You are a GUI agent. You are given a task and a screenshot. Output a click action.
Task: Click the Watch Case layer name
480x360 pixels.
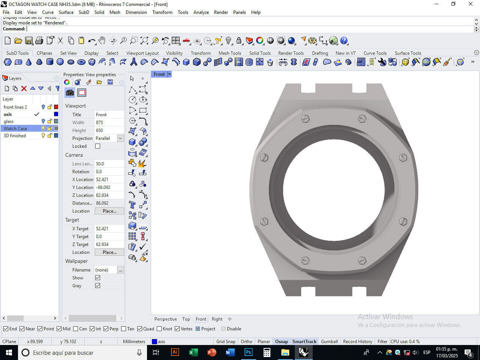[x=15, y=129]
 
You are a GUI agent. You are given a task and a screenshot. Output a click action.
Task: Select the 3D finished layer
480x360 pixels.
[x=15, y=136]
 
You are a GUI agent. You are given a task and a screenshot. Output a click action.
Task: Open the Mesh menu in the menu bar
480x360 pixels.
[x=115, y=12]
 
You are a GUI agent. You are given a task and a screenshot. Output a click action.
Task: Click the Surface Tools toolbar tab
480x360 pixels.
[x=408, y=53]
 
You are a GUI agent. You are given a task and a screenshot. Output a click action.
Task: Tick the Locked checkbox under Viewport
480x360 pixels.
[x=98, y=146]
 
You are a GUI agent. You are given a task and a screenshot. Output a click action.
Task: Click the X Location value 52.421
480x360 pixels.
[x=109, y=180]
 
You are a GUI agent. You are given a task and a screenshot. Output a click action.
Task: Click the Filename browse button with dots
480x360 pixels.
[x=120, y=270]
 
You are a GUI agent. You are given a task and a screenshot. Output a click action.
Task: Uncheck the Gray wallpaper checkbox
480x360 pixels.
[x=98, y=286]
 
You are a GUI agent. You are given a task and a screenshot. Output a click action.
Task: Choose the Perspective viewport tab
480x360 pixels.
[x=165, y=319]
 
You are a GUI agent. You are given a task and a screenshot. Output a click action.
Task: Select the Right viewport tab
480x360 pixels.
[x=217, y=319]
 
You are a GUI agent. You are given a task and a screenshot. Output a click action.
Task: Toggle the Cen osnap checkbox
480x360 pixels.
[x=76, y=329]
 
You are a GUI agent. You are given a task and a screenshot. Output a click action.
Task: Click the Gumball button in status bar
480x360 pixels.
[x=329, y=342]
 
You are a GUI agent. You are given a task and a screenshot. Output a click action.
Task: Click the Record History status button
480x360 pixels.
[x=357, y=342]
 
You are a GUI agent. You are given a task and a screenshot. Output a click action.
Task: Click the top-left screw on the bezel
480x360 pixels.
[x=305, y=119]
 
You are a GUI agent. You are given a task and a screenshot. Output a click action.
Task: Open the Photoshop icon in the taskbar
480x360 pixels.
[x=248, y=352]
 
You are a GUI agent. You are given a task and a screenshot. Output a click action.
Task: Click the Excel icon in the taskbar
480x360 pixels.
[x=193, y=352]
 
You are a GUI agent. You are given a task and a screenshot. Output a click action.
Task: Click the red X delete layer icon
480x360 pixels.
[x=24, y=88]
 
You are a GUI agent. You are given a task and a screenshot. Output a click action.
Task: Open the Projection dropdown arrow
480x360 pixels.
[x=120, y=138]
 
